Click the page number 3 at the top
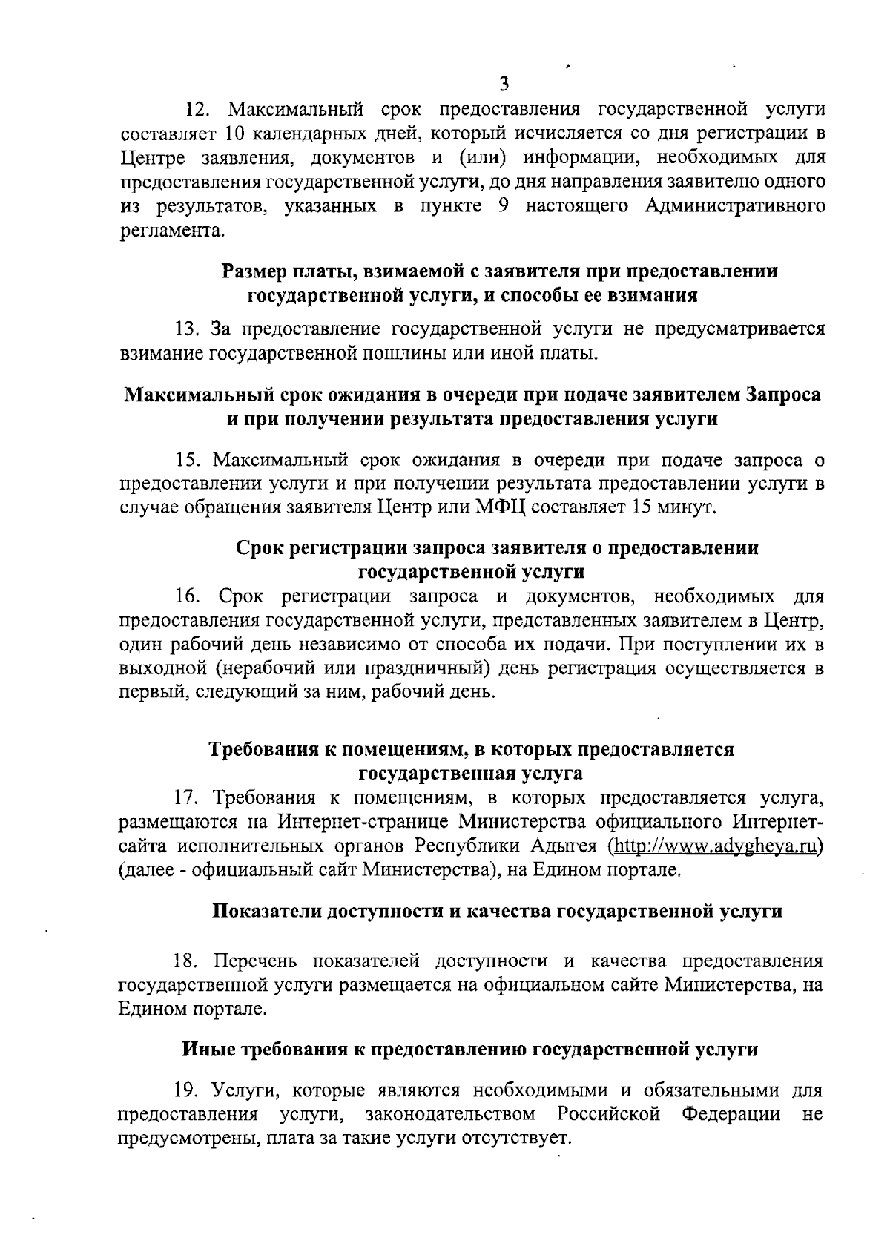[x=504, y=83]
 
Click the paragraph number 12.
[x=198, y=111]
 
